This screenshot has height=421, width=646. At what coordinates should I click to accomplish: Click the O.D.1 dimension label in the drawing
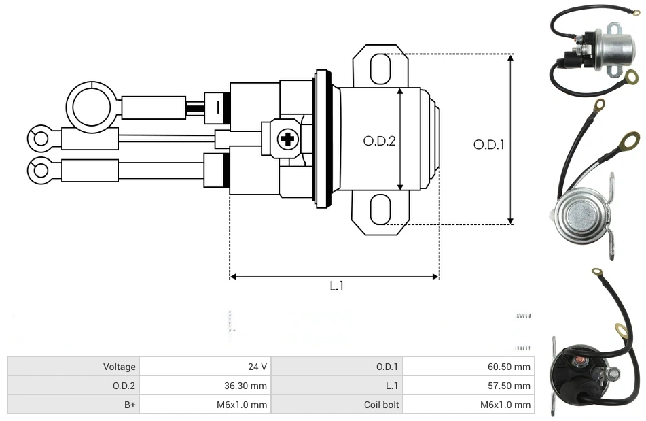tap(488, 145)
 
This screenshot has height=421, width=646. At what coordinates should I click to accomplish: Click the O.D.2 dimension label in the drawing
tap(379, 141)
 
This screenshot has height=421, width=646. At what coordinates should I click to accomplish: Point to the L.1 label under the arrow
tap(336, 286)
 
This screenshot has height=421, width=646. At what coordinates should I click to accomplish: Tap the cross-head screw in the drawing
tap(287, 140)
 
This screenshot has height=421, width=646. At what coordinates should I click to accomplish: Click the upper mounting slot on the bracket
tap(380, 68)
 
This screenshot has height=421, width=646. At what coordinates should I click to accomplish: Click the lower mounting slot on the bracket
tap(380, 209)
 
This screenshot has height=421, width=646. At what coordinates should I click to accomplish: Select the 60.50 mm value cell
tap(468, 367)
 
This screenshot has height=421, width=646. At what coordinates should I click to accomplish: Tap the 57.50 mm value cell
tap(468, 386)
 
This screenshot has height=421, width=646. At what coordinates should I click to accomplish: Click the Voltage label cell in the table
tap(73, 367)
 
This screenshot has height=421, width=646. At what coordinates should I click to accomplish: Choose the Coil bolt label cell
tap(337, 405)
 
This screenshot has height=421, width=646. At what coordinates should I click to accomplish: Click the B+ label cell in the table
tap(73, 405)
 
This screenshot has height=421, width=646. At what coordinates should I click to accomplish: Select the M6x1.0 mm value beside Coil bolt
tap(468, 405)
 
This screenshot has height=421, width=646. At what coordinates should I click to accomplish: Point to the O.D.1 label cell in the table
tap(337, 367)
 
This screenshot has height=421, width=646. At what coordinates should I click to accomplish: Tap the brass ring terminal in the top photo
tap(630, 78)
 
